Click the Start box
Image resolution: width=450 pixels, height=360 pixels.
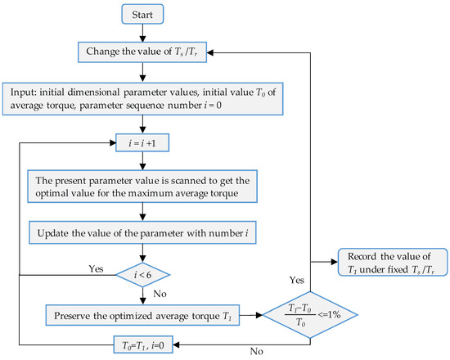(142, 14)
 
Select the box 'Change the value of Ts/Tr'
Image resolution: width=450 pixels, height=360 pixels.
(142, 52)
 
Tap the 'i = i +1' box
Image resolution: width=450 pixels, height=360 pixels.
(142, 142)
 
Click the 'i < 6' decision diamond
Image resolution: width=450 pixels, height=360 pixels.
(142, 275)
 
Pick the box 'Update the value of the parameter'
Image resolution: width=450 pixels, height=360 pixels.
(142, 232)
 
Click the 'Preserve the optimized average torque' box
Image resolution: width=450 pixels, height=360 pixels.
(142, 315)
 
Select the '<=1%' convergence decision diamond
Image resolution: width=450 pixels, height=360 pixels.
(310, 315)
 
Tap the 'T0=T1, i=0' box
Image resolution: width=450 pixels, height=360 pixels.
(143, 344)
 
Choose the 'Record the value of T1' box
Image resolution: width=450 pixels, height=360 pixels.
(393, 263)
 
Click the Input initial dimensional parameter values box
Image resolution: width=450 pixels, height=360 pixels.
(142, 99)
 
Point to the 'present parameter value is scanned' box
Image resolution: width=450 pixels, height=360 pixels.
(142, 187)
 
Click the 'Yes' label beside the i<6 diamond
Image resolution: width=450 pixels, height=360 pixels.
(96, 268)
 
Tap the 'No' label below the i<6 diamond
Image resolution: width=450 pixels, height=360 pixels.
(160, 294)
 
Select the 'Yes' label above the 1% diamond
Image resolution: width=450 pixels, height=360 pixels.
(297, 280)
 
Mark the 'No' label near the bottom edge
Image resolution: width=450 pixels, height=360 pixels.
(257, 351)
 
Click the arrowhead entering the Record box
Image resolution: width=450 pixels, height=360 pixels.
(335, 262)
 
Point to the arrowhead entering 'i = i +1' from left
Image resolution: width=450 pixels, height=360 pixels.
(112, 142)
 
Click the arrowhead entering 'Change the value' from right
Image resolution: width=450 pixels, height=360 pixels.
(210, 52)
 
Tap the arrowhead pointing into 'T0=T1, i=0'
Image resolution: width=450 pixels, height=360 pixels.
(177, 344)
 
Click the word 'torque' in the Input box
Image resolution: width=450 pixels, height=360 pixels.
(61, 106)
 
